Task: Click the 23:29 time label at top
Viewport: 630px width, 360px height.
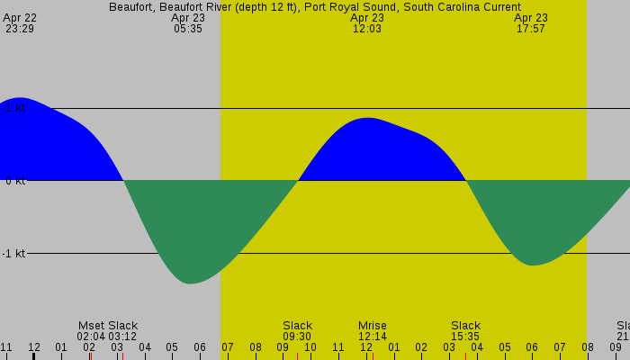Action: (19, 29)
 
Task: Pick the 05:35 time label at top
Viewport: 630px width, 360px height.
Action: (188, 29)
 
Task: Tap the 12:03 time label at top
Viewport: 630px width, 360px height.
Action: (367, 29)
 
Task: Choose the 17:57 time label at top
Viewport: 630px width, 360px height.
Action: (531, 29)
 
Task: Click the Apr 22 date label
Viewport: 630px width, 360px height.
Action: (20, 18)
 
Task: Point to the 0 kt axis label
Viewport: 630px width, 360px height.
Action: (13, 181)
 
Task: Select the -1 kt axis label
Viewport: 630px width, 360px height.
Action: (13, 254)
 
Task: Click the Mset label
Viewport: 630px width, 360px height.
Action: (92, 326)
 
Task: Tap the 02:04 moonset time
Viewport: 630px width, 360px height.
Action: (91, 337)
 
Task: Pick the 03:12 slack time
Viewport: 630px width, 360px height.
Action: (122, 337)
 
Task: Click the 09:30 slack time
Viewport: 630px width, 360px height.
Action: (297, 337)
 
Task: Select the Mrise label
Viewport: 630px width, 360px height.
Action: (372, 326)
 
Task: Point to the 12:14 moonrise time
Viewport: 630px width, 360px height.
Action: (372, 337)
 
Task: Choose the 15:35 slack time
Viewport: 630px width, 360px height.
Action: (465, 337)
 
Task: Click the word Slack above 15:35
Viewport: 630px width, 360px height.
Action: (465, 326)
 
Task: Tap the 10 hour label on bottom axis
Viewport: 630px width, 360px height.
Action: (310, 347)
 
